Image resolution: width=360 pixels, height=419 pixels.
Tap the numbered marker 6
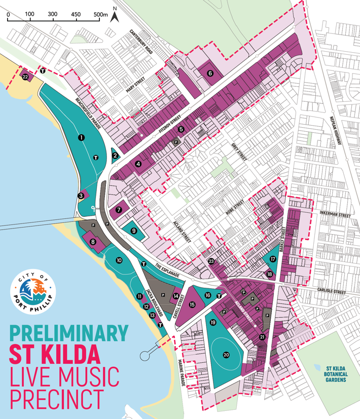point(210,73)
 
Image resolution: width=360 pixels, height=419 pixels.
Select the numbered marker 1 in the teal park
point(81,137)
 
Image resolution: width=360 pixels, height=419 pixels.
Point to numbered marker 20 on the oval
point(226,355)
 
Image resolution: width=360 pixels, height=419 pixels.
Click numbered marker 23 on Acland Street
point(211,261)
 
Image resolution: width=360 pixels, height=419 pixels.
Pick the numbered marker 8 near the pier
point(93,242)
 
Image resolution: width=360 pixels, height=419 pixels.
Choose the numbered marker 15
point(192,304)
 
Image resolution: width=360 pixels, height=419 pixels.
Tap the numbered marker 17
point(273,259)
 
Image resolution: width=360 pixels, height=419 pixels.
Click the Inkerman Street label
point(335,214)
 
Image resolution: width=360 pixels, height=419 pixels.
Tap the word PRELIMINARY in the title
point(68,333)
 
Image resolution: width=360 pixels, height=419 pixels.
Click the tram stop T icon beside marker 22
point(43,71)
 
